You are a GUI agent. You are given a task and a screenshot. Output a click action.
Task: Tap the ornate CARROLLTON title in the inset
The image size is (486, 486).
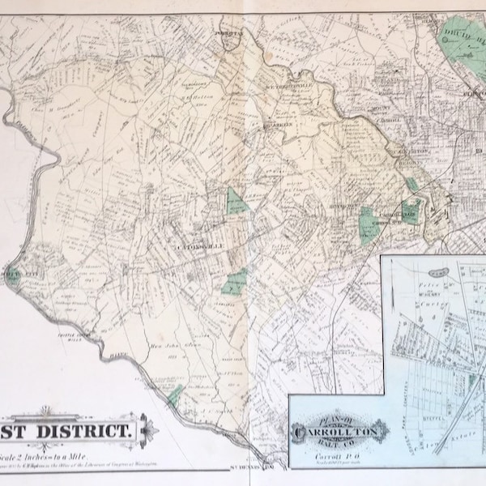(x=332, y=427)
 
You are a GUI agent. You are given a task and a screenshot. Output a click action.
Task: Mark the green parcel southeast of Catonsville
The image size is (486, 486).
(x=236, y=282)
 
